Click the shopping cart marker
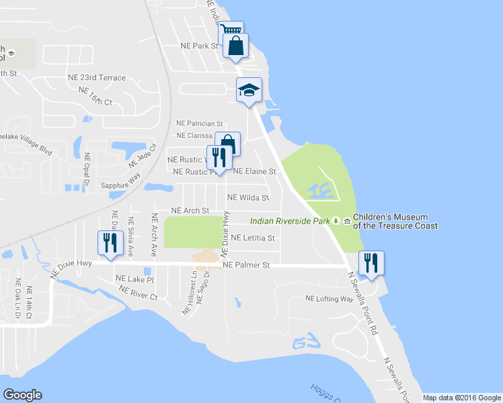pyautogui.click(x=230, y=31)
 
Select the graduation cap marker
pyautogui.click(x=248, y=90)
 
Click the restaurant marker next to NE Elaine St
pyautogui.click(x=219, y=159)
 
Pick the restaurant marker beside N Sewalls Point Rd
pyautogui.click(x=370, y=263)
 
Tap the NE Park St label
pyautogui.click(x=200, y=46)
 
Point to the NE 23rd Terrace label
pyautogui.click(x=96, y=78)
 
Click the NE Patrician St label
pyautogui.click(x=199, y=124)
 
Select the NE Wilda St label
pyautogui.click(x=248, y=198)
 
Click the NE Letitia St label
pyautogui.click(x=253, y=238)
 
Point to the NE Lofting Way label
pyautogui.click(x=329, y=298)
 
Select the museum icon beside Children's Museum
pyautogui.click(x=347, y=220)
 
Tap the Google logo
pyautogui.click(x=22, y=395)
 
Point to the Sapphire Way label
pyautogui.click(x=120, y=185)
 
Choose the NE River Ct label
pyautogui.click(x=138, y=292)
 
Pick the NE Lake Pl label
pyautogui.click(x=134, y=279)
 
